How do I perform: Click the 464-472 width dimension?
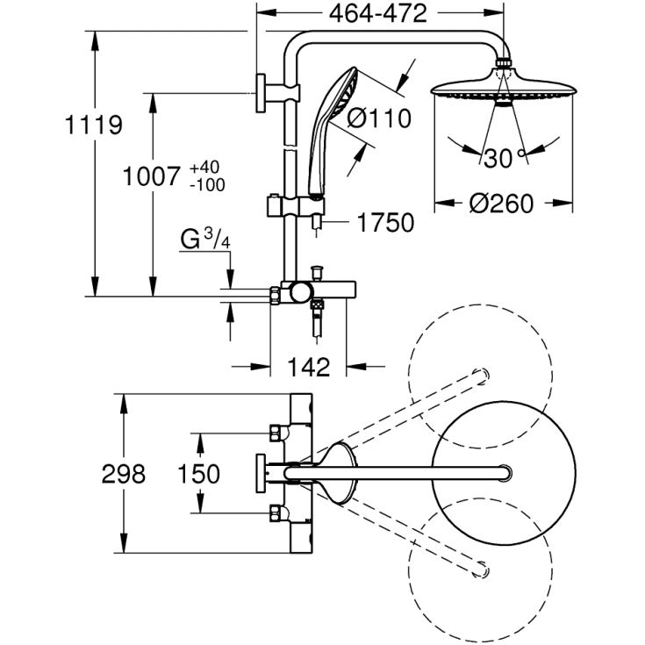378,13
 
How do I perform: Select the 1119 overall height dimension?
94,125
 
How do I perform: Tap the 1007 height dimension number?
152,176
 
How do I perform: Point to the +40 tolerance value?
204,168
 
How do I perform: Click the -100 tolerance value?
207,185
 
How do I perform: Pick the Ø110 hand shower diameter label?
379,118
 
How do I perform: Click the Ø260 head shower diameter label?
501,204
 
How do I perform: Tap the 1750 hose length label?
385,223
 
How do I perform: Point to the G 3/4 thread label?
205,239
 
